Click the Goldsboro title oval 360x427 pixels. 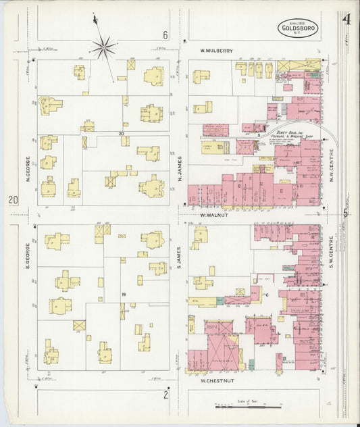[x=299, y=28]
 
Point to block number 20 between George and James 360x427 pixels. [x=122, y=133]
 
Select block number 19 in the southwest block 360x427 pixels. [x=124, y=295]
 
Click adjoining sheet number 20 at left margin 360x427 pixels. [x=13, y=200]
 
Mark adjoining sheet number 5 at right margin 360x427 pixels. [x=345, y=214]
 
